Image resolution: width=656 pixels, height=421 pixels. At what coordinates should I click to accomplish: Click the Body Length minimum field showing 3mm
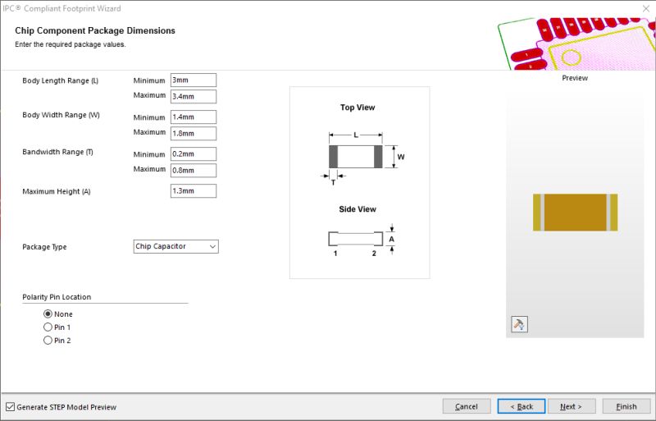[194, 80]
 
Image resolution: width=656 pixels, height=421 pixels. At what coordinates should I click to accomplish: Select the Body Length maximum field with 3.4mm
[194, 96]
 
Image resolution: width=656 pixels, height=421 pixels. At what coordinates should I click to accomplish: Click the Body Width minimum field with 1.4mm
[194, 117]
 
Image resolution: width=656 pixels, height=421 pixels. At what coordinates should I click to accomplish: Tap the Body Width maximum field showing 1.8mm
[194, 133]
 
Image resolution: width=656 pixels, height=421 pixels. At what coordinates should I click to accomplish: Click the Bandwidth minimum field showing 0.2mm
[194, 153]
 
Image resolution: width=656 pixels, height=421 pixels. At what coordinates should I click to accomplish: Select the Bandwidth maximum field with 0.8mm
[194, 170]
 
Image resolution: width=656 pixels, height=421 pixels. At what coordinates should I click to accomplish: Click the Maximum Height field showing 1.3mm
[194, 190]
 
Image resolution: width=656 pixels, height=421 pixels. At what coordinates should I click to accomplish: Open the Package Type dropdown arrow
[212, 247]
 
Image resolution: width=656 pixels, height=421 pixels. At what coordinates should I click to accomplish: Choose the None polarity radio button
[48, 313]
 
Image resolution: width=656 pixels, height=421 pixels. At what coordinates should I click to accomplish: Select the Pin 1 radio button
[48, 327]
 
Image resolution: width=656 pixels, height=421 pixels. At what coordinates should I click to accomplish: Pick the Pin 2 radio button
[48, 340]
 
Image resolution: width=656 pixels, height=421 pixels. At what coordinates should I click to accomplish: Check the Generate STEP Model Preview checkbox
[10, 407]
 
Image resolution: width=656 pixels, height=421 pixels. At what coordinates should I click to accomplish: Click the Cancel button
[467, 406]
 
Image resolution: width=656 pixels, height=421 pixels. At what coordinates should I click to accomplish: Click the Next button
[571, 406]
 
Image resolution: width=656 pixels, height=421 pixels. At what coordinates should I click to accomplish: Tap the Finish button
[626, 406]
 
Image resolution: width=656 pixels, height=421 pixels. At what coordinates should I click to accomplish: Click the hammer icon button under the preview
[519, 324]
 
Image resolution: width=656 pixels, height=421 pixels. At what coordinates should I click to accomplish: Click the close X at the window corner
[646, 8]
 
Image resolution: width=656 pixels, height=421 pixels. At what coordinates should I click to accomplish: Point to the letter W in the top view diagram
[401, 157]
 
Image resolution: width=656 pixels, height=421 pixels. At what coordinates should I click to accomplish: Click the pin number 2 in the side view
[374, 254]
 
